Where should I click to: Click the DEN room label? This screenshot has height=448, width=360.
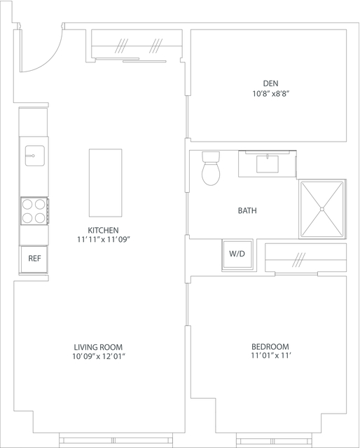tap(270, 83)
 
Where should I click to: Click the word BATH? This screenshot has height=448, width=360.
tap(247, 210)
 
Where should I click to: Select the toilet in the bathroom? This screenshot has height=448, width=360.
tap(211, 168)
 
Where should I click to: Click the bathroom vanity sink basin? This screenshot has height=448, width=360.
tap(268, 164)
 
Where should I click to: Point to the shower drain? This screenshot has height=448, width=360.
tap(322, 209)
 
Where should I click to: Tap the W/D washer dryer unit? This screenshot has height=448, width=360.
tap(237, 254)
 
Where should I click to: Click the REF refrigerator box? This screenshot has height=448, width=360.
tap(34, 259)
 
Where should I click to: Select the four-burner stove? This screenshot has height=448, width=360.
tap(34, 211)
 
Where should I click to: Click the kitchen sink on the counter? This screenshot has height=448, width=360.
tap(34, 156)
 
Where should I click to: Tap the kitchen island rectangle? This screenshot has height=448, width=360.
tap(105, 183)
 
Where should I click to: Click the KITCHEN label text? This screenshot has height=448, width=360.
tap(103, 230)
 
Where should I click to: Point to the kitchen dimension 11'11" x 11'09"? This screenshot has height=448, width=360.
tap(104, 240)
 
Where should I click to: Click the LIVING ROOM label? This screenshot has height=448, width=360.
tap(98, 348)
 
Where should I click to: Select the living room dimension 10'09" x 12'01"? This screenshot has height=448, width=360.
tap(99, 357)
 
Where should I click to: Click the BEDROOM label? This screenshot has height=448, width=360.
tap(270, 347)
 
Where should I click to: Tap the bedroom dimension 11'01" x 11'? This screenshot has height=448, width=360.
tap(271, 355)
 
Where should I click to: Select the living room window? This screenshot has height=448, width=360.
tap(116, 440)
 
